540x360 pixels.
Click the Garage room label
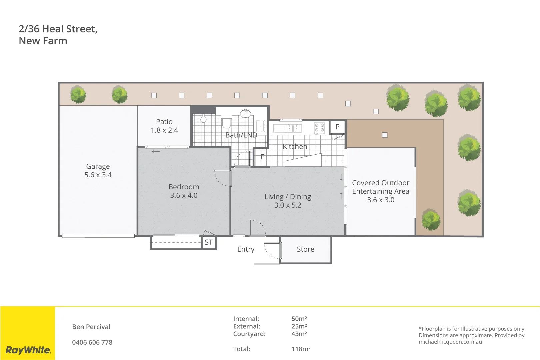(98, 166)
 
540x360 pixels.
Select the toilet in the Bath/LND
(227, 122)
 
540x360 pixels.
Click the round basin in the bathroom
(246, 113)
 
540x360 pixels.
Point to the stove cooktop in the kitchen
(319, 128)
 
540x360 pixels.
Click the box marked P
(337, 127)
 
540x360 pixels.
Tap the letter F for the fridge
(262, 157)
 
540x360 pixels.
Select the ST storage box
(209, 242)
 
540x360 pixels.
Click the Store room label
(305, 249)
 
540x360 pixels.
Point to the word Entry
(246, 249)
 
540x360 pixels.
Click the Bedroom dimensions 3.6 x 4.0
(184, 196)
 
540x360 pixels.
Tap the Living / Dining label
(288, 197)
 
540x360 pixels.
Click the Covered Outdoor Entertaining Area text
(380, 187)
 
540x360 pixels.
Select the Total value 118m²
(301, 349)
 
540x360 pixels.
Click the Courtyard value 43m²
(299, 334)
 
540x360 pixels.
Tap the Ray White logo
(28, 350)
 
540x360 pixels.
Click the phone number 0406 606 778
(92, 342)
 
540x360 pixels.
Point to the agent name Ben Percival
(91, 327)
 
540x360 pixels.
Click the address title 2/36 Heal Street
(58, 29)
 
